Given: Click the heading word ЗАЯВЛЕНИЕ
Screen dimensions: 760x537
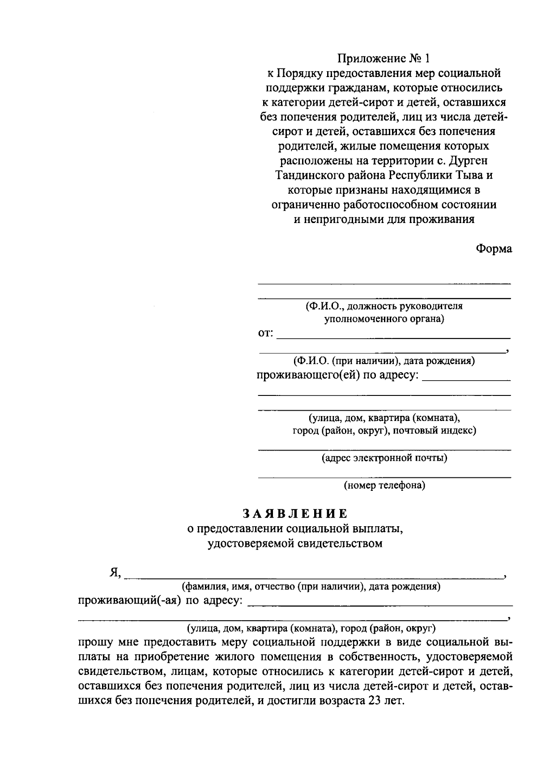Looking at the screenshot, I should click(x=295, y=513).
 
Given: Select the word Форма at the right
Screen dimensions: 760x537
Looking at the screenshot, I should click(x=494, y=249).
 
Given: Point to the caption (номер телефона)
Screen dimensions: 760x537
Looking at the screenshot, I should click(x=384, y=485).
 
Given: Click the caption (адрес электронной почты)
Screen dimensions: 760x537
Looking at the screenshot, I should click(x=384, y=458).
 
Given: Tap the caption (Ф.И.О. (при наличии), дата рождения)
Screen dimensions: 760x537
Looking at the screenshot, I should click(x=384, y=361).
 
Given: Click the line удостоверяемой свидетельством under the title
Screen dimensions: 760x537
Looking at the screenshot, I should click(x=295, y=544).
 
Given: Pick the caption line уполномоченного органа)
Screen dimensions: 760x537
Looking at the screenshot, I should click(x=384, y=319).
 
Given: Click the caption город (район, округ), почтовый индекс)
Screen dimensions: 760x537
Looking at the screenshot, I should click(x=384, y=431).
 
